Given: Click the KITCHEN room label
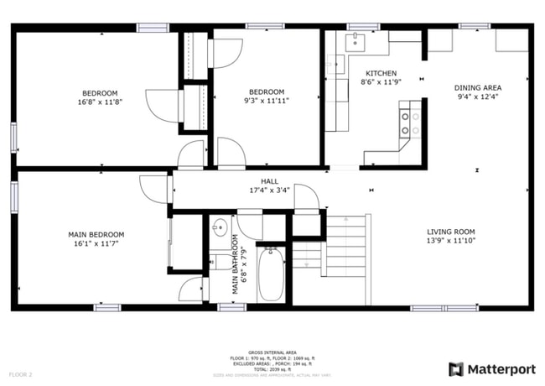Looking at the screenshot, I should [x=378, y=73].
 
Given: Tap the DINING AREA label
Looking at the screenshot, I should [x=477, y=87].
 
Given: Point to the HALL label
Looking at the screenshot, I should [x=269, y=180].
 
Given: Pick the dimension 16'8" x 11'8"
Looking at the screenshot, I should [x=99, y=102].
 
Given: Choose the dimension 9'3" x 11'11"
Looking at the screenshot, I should [x=267, y=102].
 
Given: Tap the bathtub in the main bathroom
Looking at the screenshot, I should [x=270, y=274].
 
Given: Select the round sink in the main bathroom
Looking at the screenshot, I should [x=219, y=227].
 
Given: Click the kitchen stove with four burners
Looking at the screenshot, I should [x=409, y=123].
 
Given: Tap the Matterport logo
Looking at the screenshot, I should [x=491, y=368].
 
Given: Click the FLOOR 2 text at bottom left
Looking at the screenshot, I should [x=21, y=373].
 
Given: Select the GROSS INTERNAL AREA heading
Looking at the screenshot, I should [x=272, y=352].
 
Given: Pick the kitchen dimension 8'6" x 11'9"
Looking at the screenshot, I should [x=378, y=82].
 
